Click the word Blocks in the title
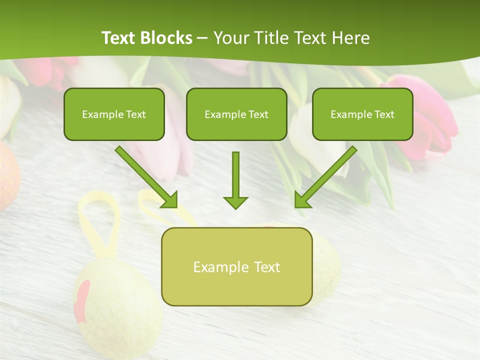pyautogui.click(x=167, y=38)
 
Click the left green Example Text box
pyautogui.click(x=114, y=114)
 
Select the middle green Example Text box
pyautogui.click(x=236, y=114)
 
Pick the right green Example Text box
pyautogui.click(x=362, y=114)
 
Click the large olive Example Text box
pyautogui.click(x=236, y=266)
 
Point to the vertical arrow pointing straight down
pyautogui.click(x=235, y=177)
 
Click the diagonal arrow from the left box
pyautogui.click(x=145, y=176)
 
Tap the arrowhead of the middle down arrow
pyautogui.click(x=235, y=202)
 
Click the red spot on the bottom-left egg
pyautogui.click(x=82, y=300)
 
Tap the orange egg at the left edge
pyautogui.click(x=7, y=175)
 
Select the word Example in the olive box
pyautogui.click(x=214, y=267)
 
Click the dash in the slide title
pyautogui.click(x=202, y=38)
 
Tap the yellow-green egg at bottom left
pyautogui.click(x=120, y=310)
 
